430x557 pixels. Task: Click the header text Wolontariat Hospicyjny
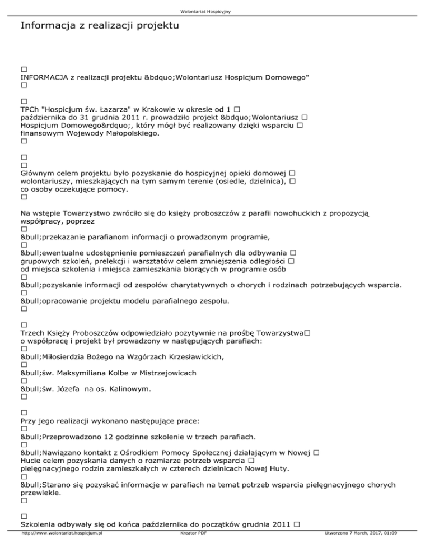215,11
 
